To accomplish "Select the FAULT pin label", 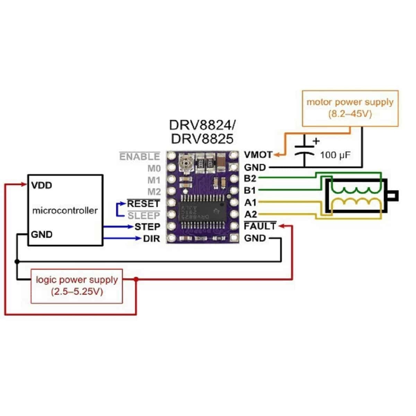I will [x=260, y=226].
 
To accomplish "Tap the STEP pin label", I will [x=147, y=227].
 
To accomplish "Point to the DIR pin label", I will [x=151, y=239].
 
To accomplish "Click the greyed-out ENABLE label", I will [x=139, y=157].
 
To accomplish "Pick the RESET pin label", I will [x=143, y=203].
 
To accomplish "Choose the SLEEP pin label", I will [x=144, y=216].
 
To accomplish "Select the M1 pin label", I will [x=154, y=180].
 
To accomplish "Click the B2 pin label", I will [x=250, y=179].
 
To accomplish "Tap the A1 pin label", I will [x=250, y=202].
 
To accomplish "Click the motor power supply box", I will [x=350, y=108].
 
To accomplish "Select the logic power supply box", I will [x=77, y=286].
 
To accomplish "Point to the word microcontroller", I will [x=65, y=210].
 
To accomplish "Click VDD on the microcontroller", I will [x=41, y=185].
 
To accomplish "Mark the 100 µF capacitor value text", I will [x=335, y=155].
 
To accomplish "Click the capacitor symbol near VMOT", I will [x=304, y=151].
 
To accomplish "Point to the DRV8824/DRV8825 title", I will [x=202, y=132].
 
